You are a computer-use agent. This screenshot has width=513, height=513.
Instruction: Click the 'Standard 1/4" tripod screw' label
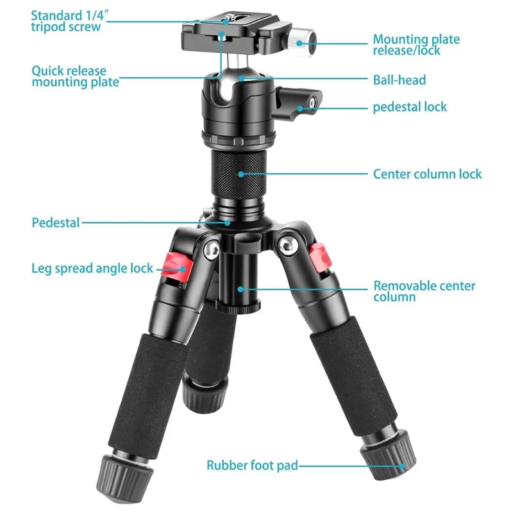70,21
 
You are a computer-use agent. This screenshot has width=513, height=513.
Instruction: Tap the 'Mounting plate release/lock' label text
416,44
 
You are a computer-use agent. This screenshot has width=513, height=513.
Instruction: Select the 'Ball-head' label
399,80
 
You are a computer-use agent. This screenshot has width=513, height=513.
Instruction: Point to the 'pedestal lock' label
410,107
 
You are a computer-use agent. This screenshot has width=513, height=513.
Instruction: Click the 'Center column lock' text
427,174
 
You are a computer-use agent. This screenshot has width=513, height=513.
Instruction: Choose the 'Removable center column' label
425,291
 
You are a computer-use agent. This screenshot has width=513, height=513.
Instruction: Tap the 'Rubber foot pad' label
252,466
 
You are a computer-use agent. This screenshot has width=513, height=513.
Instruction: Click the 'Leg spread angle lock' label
92,268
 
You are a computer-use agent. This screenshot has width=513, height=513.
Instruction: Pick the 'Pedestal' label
56,223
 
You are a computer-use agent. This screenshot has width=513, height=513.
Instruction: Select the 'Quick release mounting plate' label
75,76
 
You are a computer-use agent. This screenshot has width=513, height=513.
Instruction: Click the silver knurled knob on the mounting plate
301,42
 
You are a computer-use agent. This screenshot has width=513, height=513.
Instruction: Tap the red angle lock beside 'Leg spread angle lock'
177,267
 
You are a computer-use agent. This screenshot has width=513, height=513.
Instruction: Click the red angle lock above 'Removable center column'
321,258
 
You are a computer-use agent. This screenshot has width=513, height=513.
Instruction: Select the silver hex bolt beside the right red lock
287,246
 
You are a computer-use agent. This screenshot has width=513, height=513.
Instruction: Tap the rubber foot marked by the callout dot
389,455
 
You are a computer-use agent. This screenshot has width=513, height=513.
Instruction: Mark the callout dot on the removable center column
240,289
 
